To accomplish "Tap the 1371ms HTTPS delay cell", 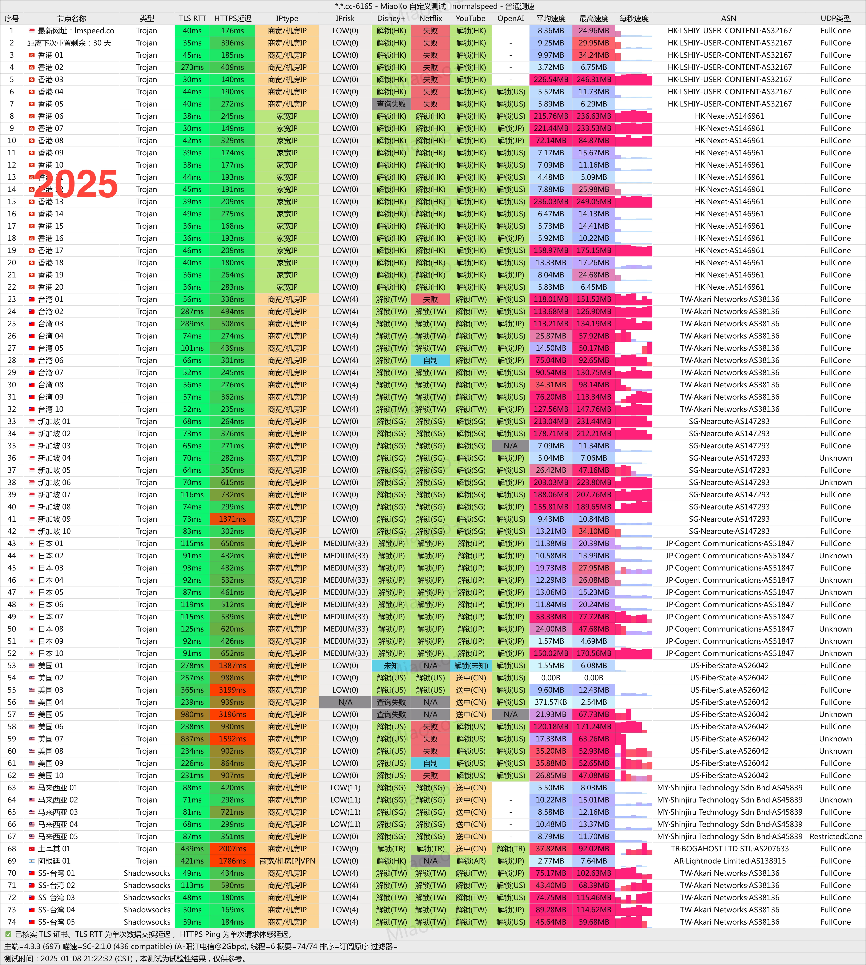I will [x=232, y=519].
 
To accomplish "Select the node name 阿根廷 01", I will [x=54, y=861].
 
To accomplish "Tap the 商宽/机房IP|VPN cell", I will [x=287, y=861].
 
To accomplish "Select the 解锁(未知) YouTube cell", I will [x=471, y=666].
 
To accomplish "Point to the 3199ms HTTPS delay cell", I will [x=232, y=690].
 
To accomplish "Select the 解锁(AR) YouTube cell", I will [x=471, y=861].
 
